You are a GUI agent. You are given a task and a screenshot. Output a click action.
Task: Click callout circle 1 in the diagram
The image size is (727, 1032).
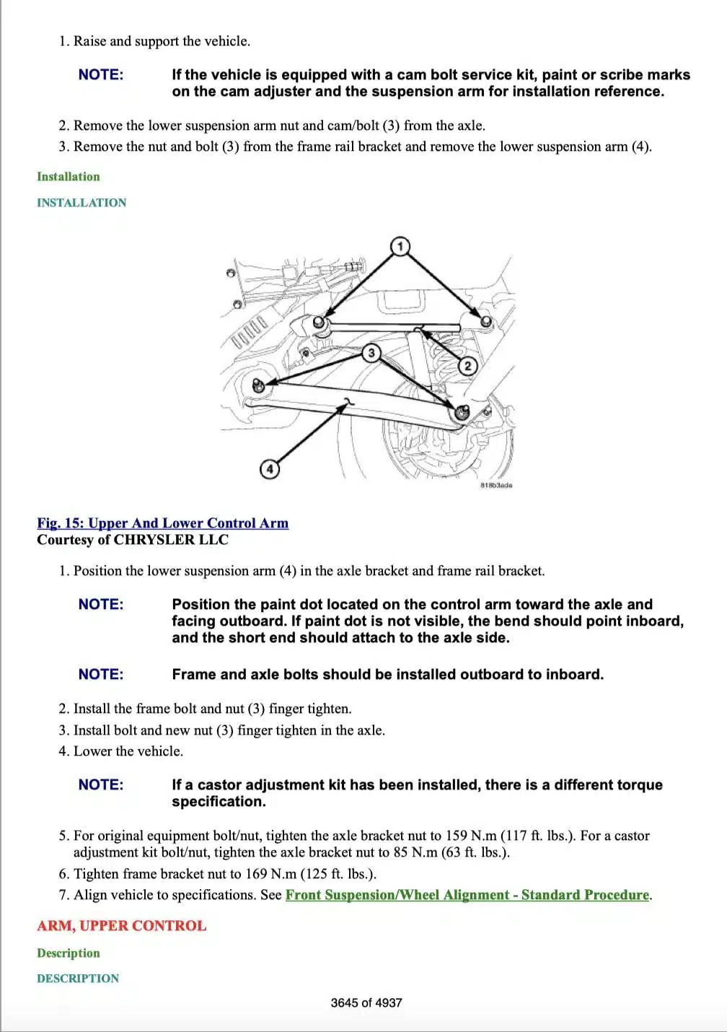click(400, 247)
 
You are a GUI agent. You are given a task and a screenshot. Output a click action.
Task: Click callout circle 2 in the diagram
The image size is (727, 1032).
click(467, 366)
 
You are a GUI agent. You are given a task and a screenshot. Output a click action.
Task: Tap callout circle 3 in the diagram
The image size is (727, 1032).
click(371, 353)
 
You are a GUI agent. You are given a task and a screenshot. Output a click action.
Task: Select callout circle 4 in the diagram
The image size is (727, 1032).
click(269, 469)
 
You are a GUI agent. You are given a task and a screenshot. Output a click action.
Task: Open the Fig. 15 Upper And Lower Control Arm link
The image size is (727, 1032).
click(162, 523)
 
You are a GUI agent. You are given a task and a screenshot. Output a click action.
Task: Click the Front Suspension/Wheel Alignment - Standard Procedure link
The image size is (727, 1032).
click(467, 895)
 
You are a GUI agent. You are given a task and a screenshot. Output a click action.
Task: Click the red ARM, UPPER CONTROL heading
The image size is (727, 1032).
click(121, 926)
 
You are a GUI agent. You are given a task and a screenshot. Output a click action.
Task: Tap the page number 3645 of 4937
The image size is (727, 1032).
click(366, 1002)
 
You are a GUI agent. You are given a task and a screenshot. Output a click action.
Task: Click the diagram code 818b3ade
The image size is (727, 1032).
click(495, 486)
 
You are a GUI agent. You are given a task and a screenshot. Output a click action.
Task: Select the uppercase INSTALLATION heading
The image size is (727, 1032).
click(81, 203)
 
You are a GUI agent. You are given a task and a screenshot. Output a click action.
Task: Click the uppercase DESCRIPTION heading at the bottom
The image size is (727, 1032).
click(78, 979)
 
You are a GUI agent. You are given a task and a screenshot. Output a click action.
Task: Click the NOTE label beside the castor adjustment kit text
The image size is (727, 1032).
click(101, 784)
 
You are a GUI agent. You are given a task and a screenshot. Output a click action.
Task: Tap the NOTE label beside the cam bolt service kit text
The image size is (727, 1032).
click(101, 75)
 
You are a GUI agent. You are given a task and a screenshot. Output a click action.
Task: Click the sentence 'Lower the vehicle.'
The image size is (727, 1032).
click(128, 751)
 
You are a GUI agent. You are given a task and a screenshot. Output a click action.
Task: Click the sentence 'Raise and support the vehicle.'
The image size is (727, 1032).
click(162, 41)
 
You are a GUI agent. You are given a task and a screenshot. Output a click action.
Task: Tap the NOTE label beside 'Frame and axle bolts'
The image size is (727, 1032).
click(101, 675)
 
